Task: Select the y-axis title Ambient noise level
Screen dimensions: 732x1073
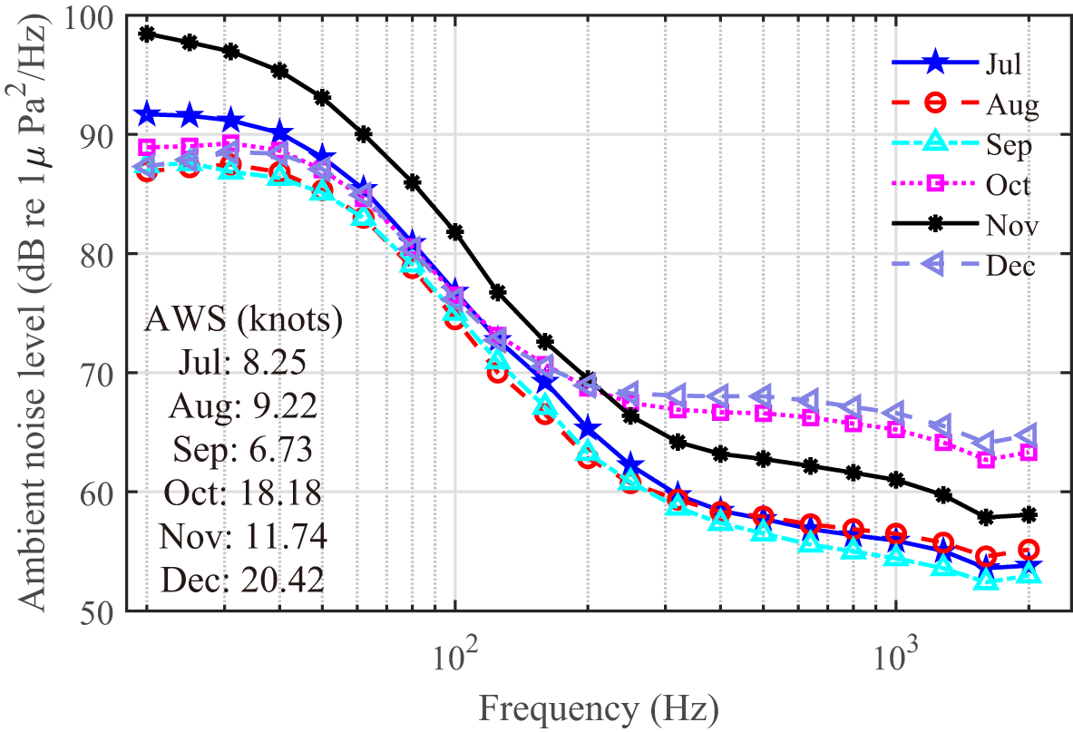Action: coord(31,313)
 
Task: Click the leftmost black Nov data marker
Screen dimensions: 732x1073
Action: coord(146,34)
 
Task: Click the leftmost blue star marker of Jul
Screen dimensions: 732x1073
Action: coord(146,115)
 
